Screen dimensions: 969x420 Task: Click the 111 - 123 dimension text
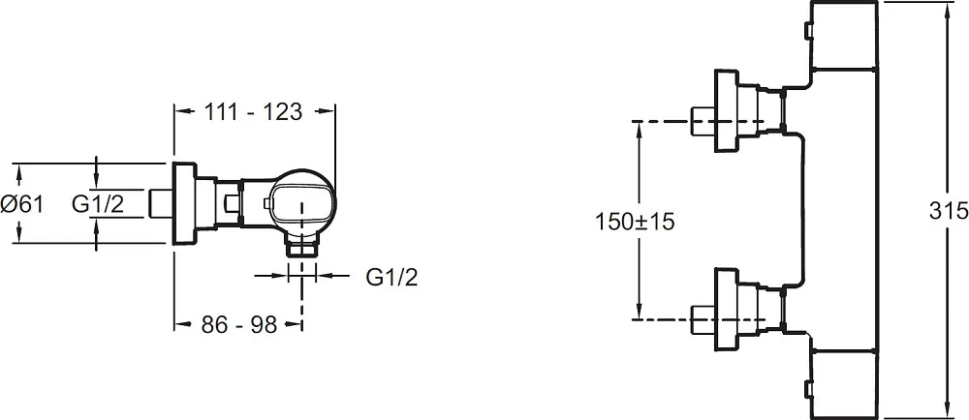(253, 111)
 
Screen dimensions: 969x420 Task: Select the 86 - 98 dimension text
(239, 324)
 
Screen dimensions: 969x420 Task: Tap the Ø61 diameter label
(22, 203)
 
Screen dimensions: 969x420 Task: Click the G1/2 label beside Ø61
(98, 203)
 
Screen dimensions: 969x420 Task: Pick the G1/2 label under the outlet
(391, 278)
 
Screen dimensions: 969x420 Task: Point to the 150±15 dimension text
(635, 221)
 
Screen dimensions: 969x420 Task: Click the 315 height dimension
(949, 211)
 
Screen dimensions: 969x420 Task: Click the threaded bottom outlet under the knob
(302, 248)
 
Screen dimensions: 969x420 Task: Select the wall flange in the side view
(184, 203)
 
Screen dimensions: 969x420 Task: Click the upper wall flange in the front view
(727, 111)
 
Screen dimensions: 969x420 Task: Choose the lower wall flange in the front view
(727, 309)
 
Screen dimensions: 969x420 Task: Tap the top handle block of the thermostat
(844, 35)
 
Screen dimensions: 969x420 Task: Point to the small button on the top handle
(807, 30)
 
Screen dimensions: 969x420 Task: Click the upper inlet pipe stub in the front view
(703, 122)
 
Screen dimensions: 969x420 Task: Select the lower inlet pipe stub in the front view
(703, 319)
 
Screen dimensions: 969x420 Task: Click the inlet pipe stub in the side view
(163, 203)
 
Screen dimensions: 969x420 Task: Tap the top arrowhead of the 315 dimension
(948, 9)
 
